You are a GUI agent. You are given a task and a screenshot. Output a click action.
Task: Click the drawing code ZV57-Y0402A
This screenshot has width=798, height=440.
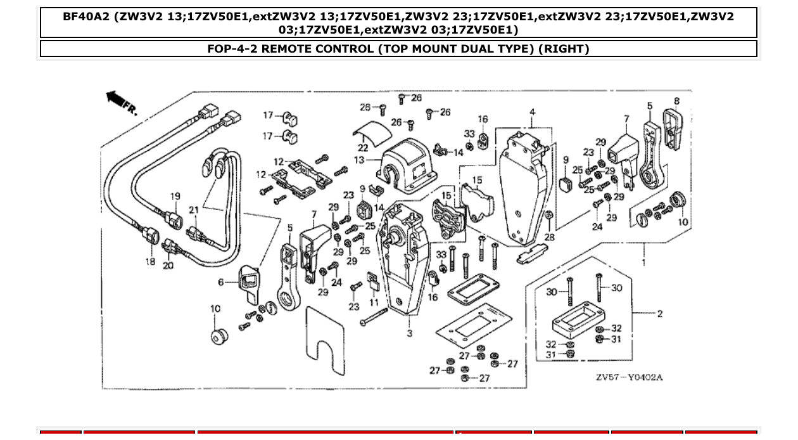tap(628, 377)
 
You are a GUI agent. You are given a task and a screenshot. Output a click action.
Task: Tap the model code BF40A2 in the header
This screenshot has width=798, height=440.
tap(87, 16)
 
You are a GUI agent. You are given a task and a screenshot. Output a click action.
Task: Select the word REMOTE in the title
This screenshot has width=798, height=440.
tap(286, 49)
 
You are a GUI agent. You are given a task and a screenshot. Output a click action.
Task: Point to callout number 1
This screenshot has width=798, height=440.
tap(644, 262)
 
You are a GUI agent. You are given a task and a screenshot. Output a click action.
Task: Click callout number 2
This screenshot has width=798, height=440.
tap(659, 313)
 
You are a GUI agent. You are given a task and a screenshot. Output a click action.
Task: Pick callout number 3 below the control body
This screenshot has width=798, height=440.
tap(410, 333)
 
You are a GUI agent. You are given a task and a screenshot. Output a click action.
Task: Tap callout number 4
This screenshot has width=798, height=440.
tap(532, 112)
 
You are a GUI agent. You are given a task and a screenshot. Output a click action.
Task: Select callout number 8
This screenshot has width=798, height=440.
tap(676, 101)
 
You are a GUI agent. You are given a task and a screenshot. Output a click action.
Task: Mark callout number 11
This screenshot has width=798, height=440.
tap(374, 302)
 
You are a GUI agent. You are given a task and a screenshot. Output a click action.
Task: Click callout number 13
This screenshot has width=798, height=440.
tap(359, 160)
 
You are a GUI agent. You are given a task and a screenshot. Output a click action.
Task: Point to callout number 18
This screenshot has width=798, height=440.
tap(150, 261)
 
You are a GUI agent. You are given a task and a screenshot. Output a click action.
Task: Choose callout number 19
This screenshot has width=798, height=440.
tap(175, 197)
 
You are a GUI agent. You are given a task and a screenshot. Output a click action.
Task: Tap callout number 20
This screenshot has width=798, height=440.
tap(168, 266)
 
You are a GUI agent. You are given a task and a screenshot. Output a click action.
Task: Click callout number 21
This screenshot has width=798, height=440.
tap(194, 210)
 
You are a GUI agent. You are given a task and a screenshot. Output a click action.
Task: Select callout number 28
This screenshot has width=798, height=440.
tap(549, 237)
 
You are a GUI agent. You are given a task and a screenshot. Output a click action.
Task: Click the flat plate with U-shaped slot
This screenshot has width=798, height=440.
tap(325, 342)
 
